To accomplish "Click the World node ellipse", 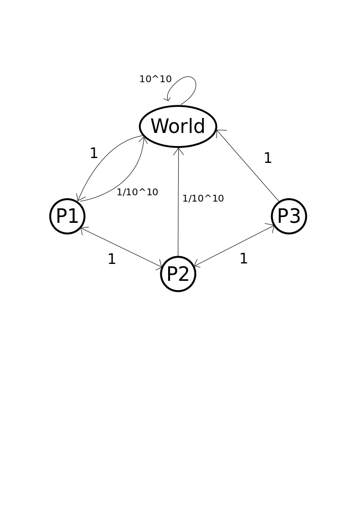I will click(x=178, y=126).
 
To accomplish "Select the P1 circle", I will click(x=67, y=216).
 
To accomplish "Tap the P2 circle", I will click(x=178, y=274).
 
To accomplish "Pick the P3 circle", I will click(x=289, y=216).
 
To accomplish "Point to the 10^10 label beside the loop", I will click(x=155, y=79).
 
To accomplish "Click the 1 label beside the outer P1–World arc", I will click(x=94, y=154).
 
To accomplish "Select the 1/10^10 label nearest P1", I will click(x=137, y=192).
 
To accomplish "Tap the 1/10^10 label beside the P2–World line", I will click(x=203, y=199).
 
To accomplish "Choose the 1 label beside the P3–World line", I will click(x=268, y=159).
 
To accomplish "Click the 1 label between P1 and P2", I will click(x=112, y=260).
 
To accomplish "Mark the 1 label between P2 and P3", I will click(x=244, y=259).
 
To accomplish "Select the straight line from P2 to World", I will click(x=178, y=203).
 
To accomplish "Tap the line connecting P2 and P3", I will click(x=234, y=246).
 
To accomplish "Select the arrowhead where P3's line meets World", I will click(x=219, y=131).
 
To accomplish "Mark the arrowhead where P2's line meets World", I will click(x=179, y=151).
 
